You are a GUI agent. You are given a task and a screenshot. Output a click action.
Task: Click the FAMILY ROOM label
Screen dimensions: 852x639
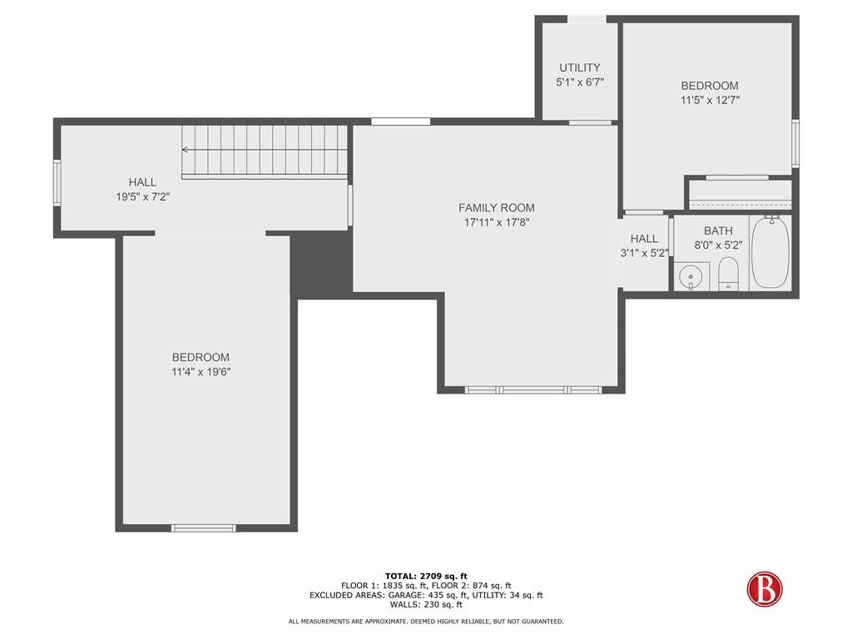(x=496, y=207)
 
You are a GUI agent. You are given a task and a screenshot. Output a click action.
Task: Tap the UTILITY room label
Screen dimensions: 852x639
(x=580, y=67)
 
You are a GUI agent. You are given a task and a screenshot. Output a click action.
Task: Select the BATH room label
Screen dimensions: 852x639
(x=718, y=230)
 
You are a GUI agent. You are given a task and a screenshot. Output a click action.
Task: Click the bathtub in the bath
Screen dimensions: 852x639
(x=770, y=252)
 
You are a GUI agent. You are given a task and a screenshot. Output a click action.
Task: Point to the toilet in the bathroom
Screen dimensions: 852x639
(x=728, y=274)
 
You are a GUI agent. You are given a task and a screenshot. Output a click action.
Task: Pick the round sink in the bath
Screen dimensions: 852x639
(x=691, y=276)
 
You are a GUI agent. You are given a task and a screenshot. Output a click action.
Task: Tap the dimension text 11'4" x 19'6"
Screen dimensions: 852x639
(x=201, y=372)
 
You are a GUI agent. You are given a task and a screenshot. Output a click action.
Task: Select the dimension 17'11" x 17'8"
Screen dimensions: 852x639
(x=496, y=221)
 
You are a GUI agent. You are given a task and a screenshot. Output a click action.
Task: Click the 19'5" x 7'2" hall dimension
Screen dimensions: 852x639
(x=142, y=196)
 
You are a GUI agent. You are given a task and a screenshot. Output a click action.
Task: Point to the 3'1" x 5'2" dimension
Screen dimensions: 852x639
(x=645, y=253)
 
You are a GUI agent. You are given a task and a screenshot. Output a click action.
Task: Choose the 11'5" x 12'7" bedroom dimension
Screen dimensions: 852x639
(x=711, y=100)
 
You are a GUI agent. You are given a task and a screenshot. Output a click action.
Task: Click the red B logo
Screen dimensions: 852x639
(x=765, y=589)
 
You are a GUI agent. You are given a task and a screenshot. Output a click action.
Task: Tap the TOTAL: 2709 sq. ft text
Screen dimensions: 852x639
(x=426, y=576)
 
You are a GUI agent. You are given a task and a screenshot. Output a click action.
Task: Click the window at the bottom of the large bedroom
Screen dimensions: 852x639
(x=204, y=528)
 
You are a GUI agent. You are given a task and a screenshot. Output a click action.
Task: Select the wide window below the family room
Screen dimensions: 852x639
(x=533, y=389)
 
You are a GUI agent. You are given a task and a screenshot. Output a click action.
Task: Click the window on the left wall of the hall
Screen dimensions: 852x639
(x=57, y=182)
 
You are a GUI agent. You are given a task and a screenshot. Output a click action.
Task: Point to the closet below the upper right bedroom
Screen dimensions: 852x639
(x=740, y=195)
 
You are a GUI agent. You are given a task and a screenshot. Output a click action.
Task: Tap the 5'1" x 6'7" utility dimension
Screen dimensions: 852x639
(x=580, y=82)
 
